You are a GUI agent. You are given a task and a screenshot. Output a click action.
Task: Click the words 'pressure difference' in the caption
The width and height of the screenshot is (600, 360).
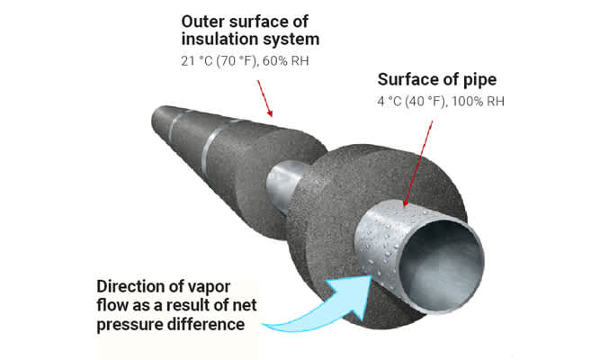pyautogui.click(x=170, y=323)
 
